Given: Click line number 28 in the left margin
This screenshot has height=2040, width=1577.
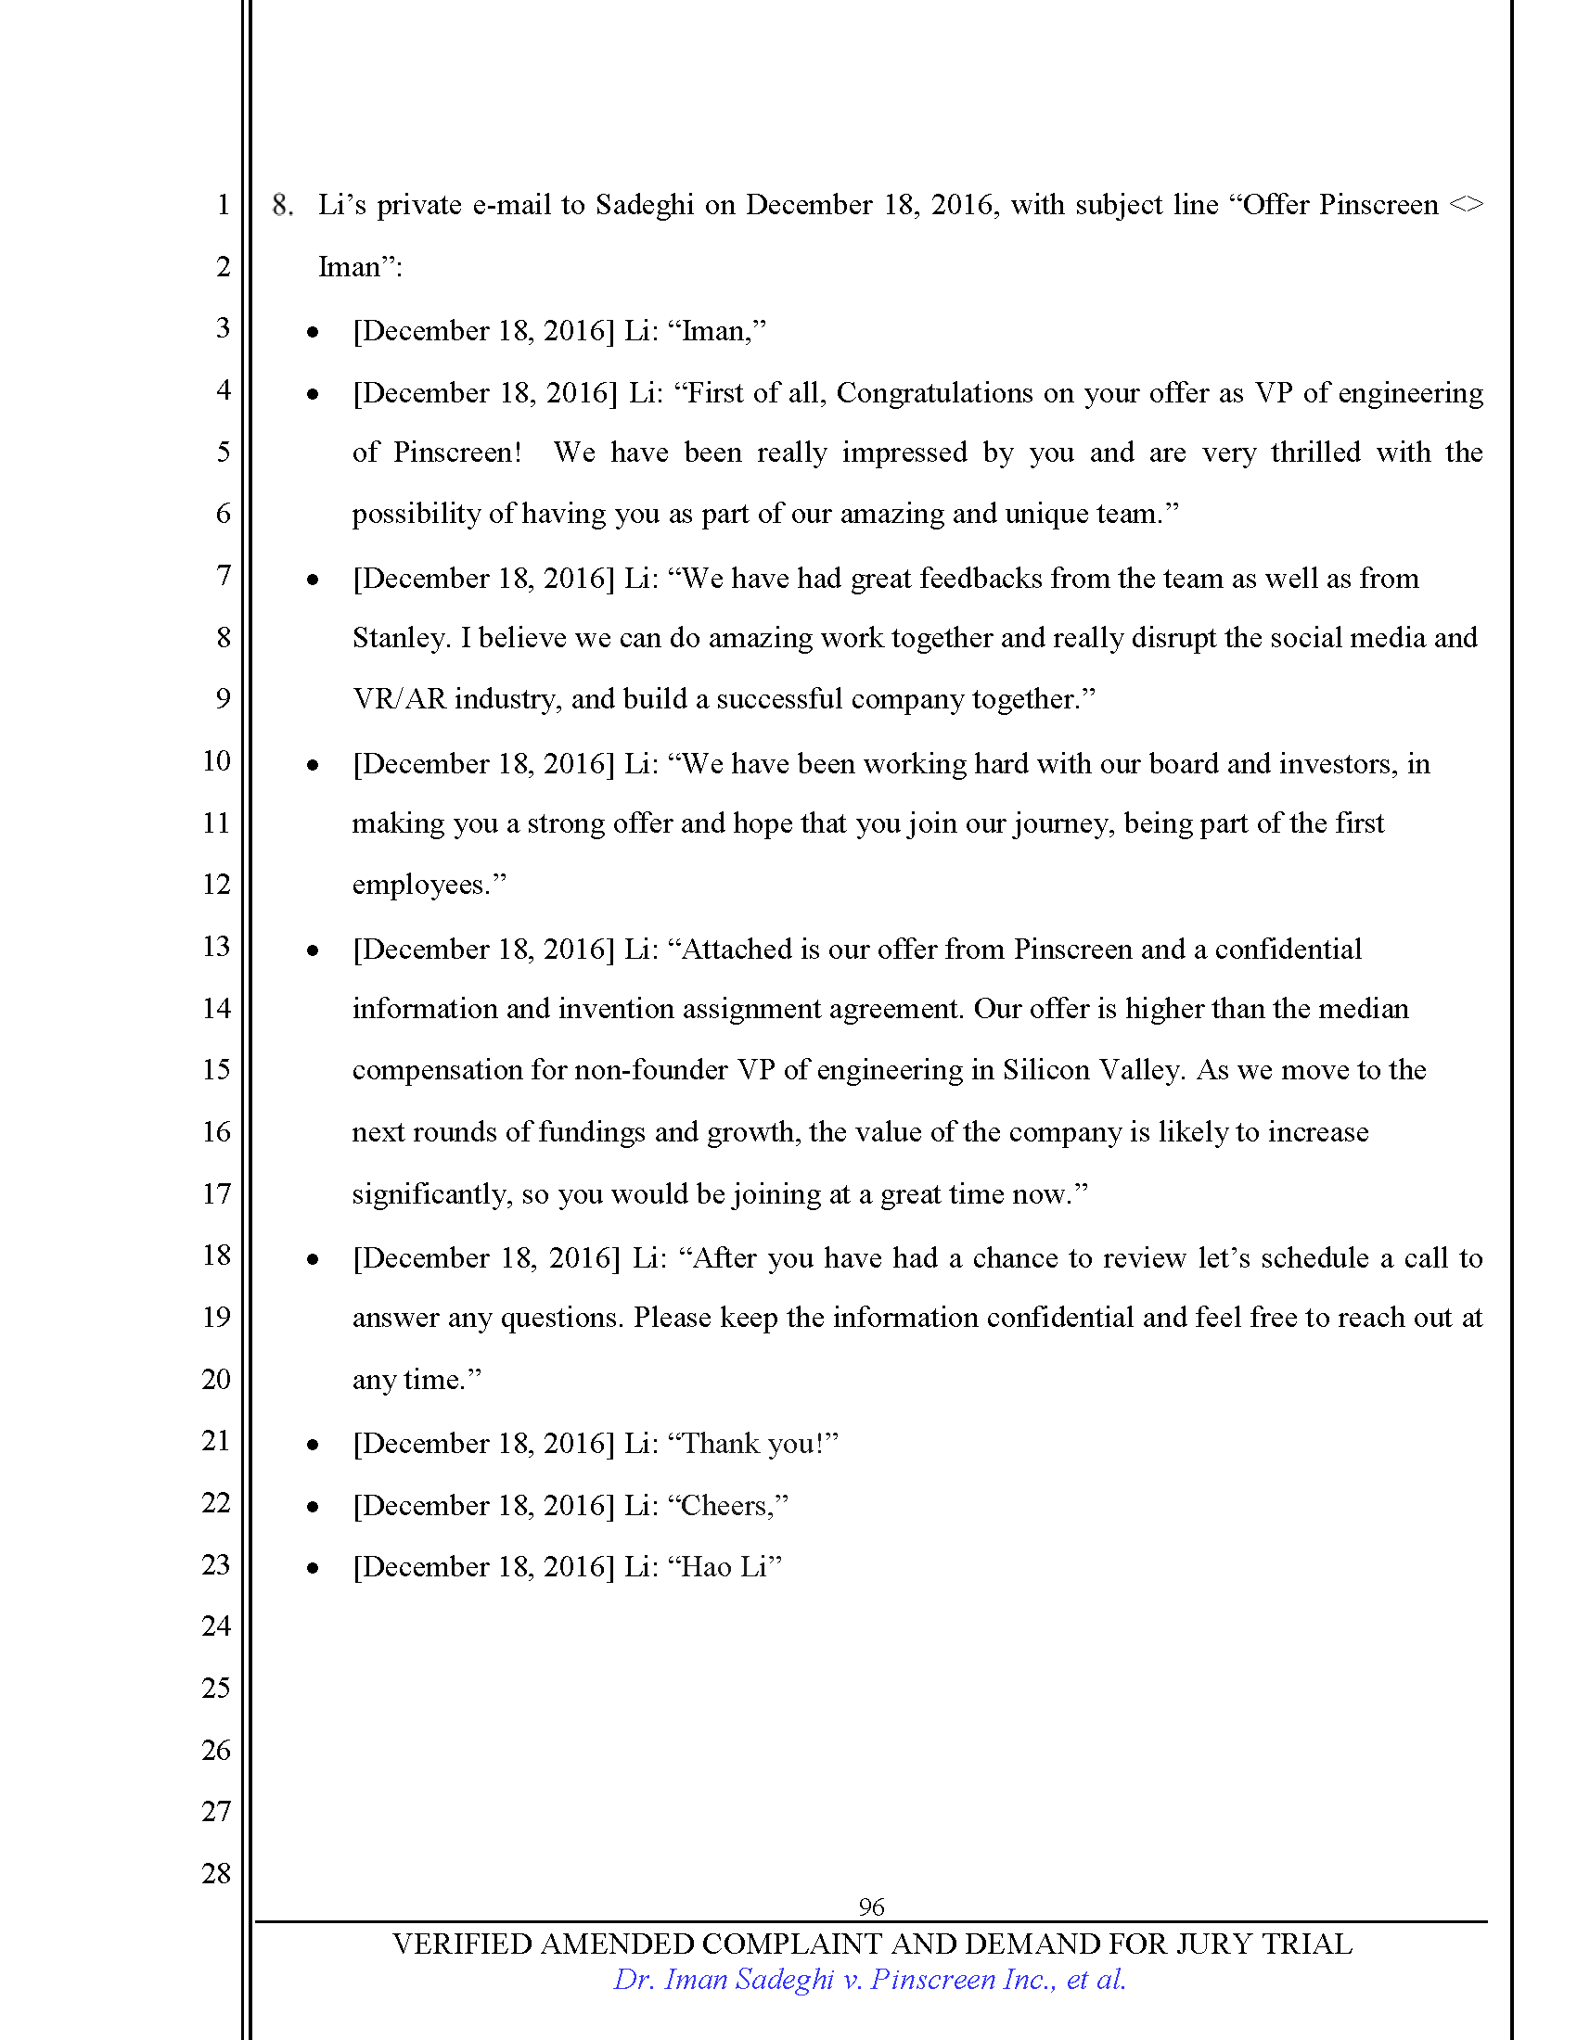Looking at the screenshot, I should (216, 1873).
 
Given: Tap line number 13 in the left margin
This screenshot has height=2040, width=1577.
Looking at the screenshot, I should (216, 946).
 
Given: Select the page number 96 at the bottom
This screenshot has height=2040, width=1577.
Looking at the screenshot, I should (871, 1906).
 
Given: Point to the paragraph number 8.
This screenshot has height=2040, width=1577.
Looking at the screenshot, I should (282, 206).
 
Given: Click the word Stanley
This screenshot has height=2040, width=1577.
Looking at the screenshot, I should (400, 638).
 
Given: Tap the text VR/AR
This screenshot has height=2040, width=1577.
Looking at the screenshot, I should (399, 699).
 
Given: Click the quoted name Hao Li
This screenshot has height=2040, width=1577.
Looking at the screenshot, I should (724, 1567).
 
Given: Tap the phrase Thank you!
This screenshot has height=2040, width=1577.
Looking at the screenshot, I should (754, 1444).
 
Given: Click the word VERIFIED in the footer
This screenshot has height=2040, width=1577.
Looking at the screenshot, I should (462, 1944).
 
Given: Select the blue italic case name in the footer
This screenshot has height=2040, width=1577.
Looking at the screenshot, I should (870, 1980).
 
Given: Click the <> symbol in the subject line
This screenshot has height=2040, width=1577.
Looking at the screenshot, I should (1466, 206).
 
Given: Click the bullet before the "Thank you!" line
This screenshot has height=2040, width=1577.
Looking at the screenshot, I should (313, 1445).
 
